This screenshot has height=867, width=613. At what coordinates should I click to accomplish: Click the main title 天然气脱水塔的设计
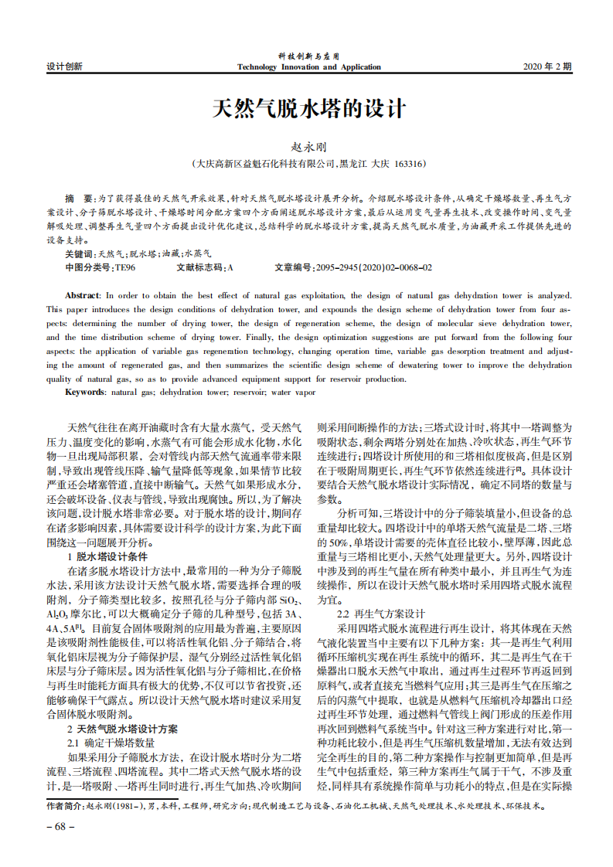point(308,108)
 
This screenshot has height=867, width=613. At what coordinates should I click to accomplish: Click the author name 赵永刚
point(308,146)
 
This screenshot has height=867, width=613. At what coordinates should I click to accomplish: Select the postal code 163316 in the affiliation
point(409,164)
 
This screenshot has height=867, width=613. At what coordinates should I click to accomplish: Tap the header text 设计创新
point(65,67)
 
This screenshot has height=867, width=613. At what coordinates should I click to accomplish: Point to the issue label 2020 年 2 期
point(548,67)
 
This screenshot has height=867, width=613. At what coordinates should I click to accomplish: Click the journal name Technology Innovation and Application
point(308,67)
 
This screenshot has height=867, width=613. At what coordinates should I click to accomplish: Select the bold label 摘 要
point(79,199)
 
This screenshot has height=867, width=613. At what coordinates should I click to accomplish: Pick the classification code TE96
point(124,267)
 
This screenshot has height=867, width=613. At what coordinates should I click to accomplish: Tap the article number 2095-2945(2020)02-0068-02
point(374,267)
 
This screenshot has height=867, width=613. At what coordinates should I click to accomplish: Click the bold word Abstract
point(82,295)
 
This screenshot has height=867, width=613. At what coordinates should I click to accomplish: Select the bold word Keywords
point(84,393)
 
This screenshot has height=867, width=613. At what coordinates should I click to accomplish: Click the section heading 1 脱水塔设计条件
point(112,556)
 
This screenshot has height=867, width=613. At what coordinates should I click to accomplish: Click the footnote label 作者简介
point(65,805)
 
